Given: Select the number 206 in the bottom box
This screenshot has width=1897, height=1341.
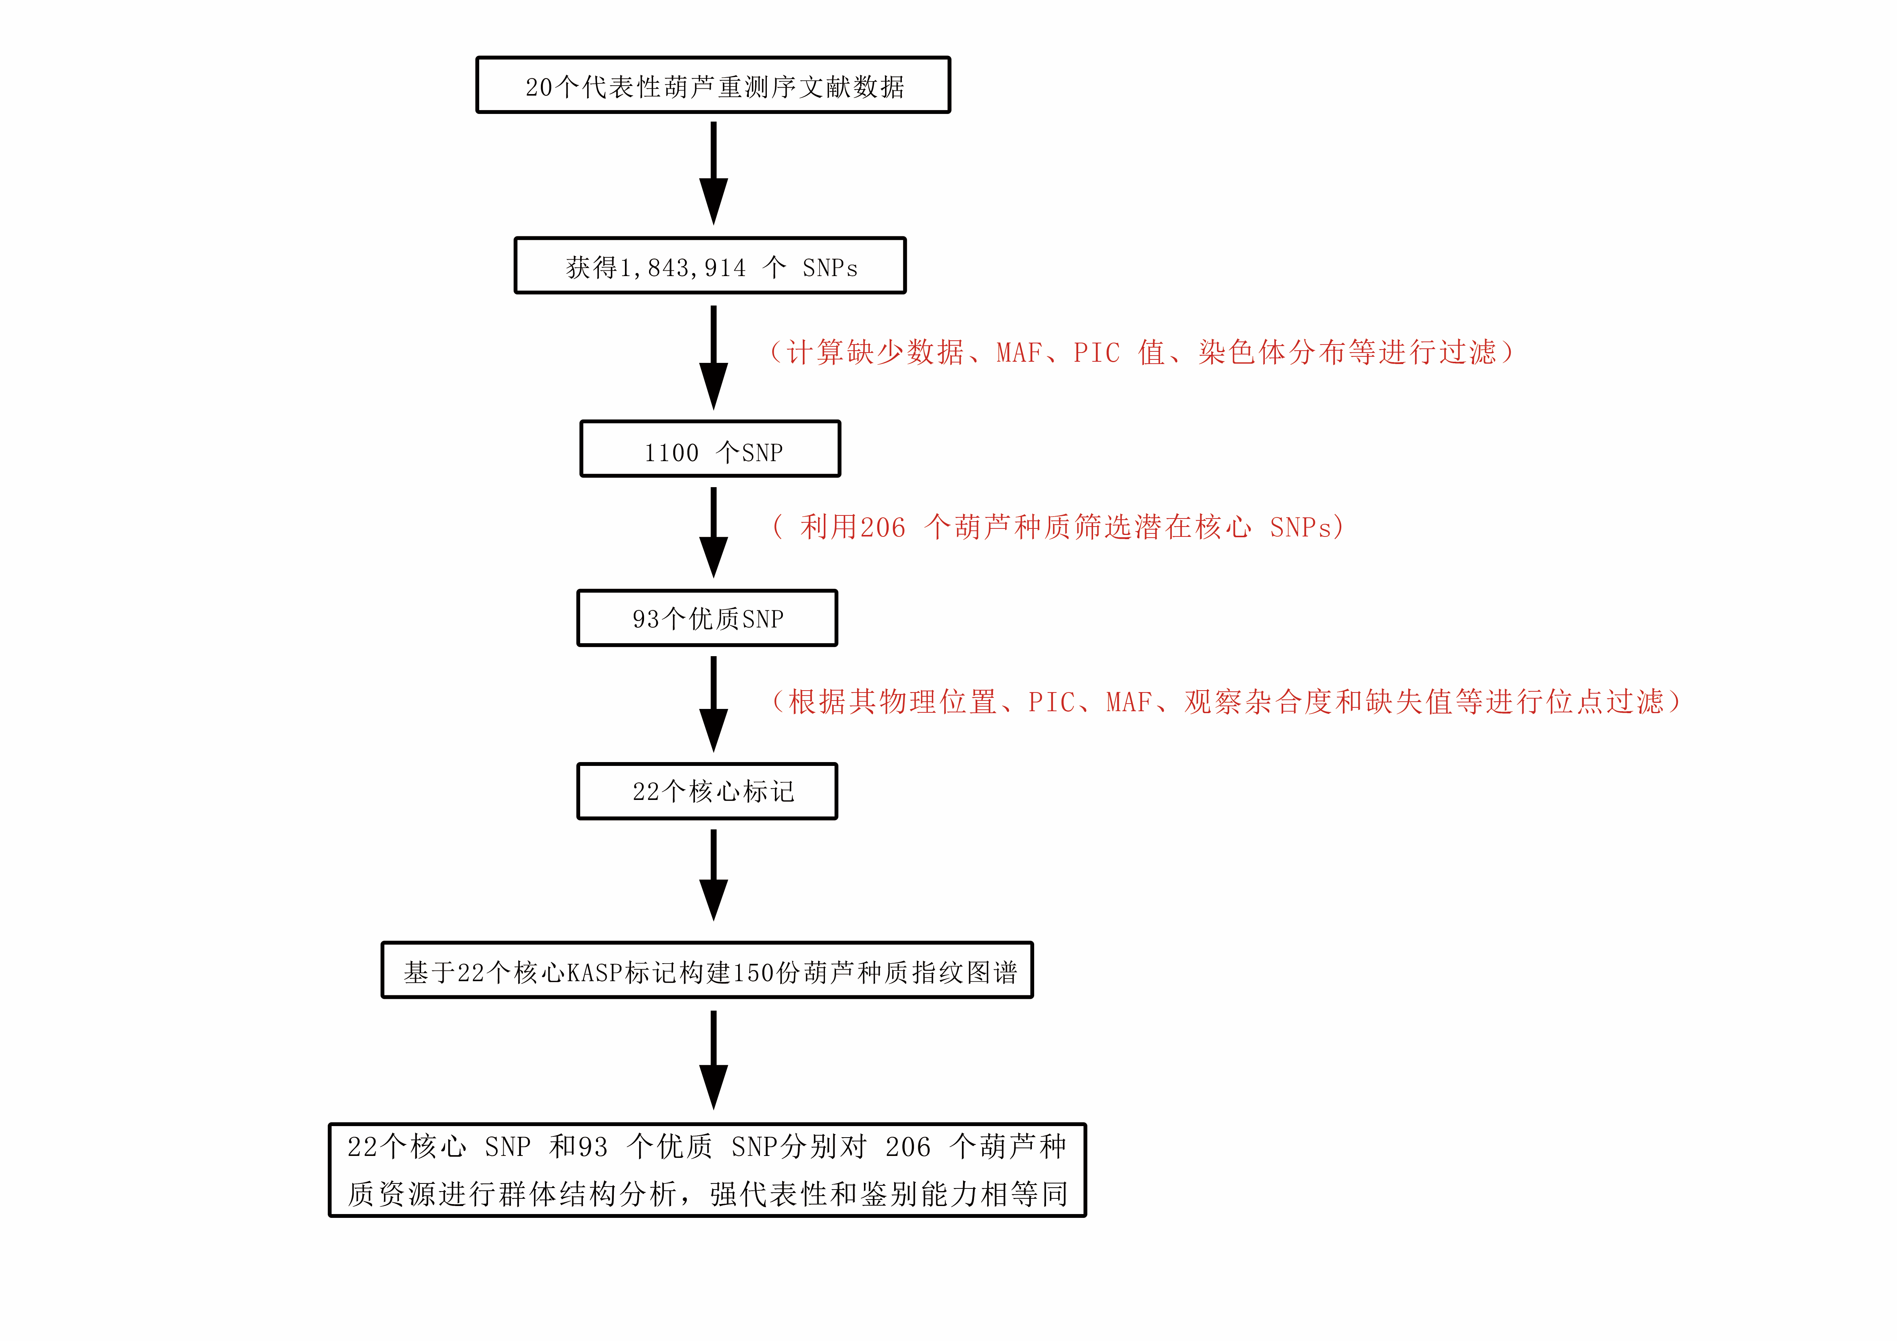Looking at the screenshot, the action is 908,1147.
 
